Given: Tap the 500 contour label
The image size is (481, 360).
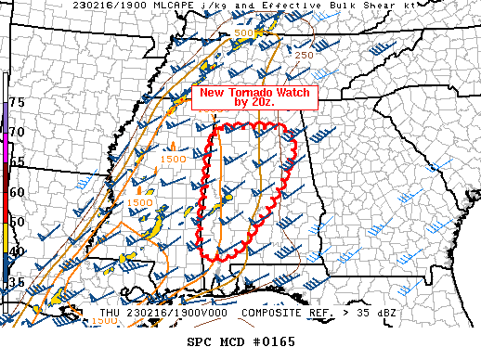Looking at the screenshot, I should pyautogui.click(x=244, y=33).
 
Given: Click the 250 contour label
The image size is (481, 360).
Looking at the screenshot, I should pyautogui.click(x=304, y=55).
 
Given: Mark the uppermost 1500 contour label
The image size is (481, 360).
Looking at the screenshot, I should pyautogui.click(x=172, y=161).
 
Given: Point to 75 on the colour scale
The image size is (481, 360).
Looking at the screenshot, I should pyautogui.click(x=17, y=101).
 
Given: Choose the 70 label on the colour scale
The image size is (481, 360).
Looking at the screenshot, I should pyautogui.click(x=17, y=133).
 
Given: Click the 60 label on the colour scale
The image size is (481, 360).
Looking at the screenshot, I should pyautogui.click(x=17, y=192).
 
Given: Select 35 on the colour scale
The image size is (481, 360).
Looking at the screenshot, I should pyautogui.click(x=17, y=282).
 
